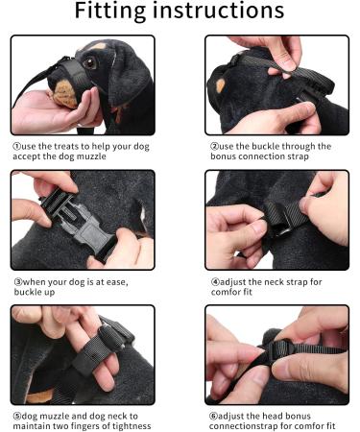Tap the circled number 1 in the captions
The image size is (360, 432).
click(x=16, y=148)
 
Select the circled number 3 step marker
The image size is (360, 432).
click(x=16, y=282)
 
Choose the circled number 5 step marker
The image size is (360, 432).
click(x=16, y=416)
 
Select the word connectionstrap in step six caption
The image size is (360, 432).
click(x=247, y=427)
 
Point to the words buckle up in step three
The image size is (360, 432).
click(x=35, y=294)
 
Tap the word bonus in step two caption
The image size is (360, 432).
click(x=227, y=159)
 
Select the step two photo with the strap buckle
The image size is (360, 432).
click(x=276, y=85)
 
